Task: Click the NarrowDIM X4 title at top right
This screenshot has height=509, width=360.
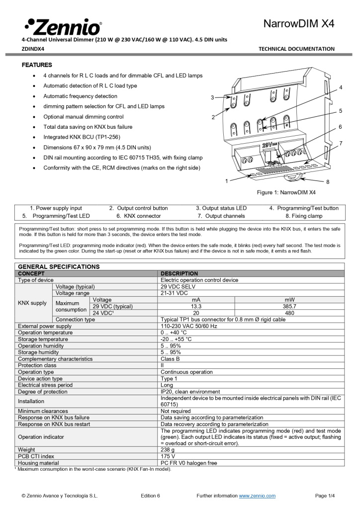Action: click(x=298, y=24)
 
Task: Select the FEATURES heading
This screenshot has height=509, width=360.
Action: click(x=37, y=65)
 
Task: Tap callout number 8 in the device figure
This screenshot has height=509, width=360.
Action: click(x=328, y=182)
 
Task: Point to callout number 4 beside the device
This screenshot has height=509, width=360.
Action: click(x=341, y=87)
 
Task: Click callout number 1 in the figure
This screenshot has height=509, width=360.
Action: click(x=227, y=181)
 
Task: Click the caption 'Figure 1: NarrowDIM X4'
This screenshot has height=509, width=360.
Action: click(x=286, y=192)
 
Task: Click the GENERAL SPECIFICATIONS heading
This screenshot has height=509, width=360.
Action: click(x=59, y=267)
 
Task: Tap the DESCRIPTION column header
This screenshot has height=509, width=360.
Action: click(x=179, y=273)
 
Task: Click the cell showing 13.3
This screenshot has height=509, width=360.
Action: click(x=196, y=306)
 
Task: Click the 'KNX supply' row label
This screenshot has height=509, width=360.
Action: click(x=32, y=303)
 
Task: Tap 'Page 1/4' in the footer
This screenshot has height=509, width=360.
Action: click(x=325, y=496)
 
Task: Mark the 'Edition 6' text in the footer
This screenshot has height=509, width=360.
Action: click(x=151, y=496)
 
